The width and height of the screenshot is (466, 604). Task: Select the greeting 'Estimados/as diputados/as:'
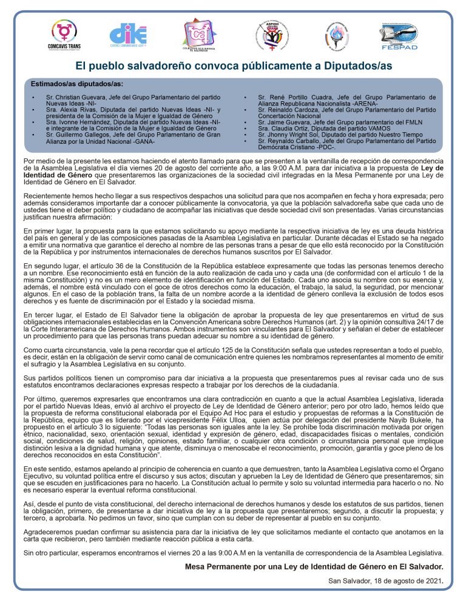[x=77, y=83]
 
